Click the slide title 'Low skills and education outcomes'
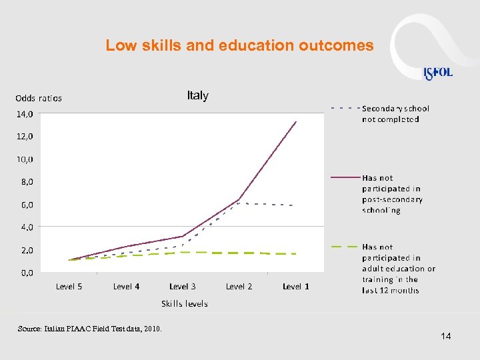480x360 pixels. point(239,46)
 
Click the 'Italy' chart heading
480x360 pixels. point(197,96)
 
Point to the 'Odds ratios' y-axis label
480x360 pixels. point(39,99)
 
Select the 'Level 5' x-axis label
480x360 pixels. point(69,287)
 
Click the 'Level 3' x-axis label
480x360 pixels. point(183,287)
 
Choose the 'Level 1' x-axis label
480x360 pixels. point(296,287)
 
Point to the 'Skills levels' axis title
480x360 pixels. point(185,304)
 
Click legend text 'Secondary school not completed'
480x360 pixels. point(395,113)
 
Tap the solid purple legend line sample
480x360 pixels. point(345,177)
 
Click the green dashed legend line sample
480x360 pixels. point(345,247)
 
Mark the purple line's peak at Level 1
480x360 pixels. point(296,122)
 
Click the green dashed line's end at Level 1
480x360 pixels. point(296,254)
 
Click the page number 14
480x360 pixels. point(446,336)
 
